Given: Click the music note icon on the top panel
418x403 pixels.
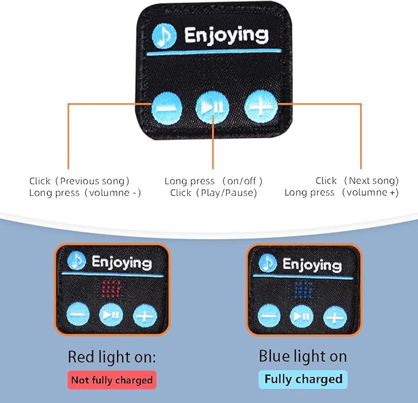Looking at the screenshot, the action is (x=164, y=36).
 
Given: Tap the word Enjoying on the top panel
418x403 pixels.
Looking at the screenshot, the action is (x=227, y=35).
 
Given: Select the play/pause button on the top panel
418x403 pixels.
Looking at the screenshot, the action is (x=212, y=108).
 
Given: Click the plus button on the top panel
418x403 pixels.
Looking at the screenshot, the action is (x=261, y=107).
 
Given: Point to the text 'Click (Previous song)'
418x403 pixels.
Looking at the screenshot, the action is (x=79, y=181).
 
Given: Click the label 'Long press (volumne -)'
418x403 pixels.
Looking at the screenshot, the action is (x=85, y=193).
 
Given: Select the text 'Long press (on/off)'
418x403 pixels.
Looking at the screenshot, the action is (x=213, y=181).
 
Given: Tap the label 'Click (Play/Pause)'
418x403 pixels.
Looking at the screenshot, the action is (x=213, y=193).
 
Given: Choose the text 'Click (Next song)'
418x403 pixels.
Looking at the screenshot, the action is (x=357, y=181).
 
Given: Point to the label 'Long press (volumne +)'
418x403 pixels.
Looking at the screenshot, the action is (x=342, y=192).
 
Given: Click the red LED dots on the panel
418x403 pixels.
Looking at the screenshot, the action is (x=111, y=288).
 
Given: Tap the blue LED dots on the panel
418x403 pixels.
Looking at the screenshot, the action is (x=303, y=290).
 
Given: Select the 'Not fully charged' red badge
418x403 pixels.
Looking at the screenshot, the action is (x=112, y=380).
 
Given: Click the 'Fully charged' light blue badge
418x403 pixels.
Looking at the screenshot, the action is (x=303, y=379).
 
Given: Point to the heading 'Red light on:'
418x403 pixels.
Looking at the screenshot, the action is (x=111, y=357).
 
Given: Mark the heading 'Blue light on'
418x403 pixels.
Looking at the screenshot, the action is (x=303, y=356).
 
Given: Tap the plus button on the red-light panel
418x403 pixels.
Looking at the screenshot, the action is (x=145, y=315).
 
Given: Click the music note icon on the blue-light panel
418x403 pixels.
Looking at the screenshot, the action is (x=267, y=263).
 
